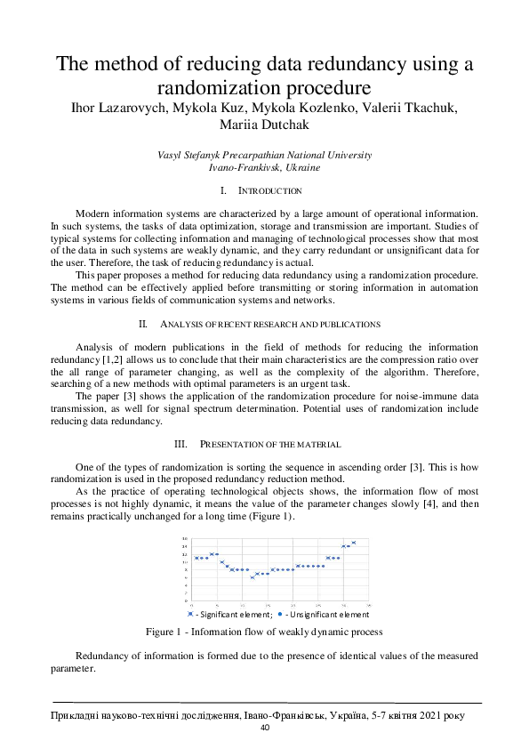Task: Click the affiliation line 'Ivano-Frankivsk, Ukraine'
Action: click(x=264, y=166)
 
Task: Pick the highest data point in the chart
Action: click(x=353, y=543)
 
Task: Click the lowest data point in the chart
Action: click(x=252, y=577)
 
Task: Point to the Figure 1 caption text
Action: click(x=264, y=632)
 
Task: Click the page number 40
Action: click(x=264, y=728)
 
